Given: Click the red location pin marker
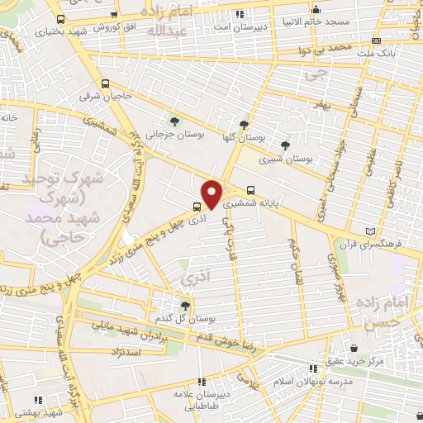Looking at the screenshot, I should click(212, 194).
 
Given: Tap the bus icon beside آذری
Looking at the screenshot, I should click(196, 207).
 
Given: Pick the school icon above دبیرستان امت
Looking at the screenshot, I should click(240, 14).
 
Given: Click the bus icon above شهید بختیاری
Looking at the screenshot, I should click(60, 18).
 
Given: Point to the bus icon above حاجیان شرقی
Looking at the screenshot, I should click(105, 83).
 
